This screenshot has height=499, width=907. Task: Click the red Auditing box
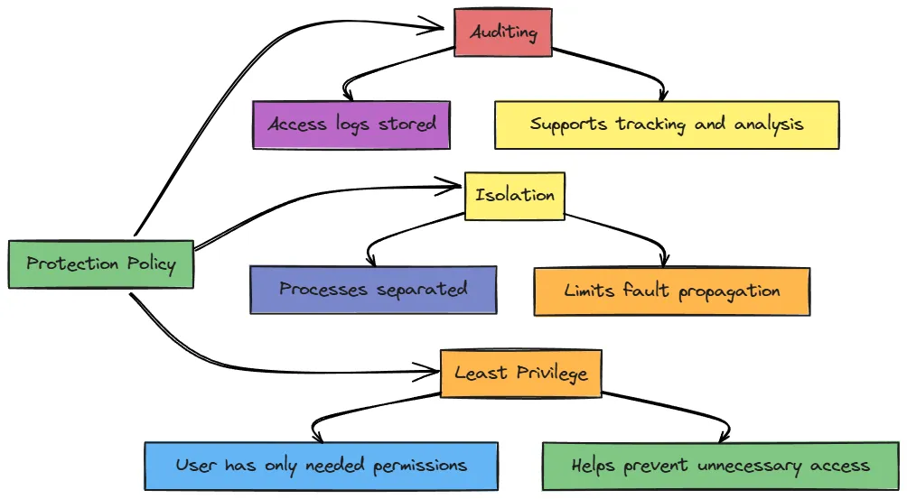click(502, 33)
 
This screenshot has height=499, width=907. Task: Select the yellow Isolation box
click(515, 195)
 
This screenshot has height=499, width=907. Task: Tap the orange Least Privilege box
click(520, 373)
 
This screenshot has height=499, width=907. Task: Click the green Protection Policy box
click(100, 264)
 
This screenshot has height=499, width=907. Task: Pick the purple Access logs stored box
click(351, 125)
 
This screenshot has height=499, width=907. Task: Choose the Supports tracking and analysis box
click(667, 125)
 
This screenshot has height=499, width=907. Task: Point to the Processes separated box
click(372, 290)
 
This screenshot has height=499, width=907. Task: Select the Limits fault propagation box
click(671, 291)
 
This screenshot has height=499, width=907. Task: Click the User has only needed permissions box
click(321, 466)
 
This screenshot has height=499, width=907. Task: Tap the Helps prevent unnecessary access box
click(720, 467)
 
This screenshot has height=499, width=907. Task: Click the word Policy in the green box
click(150, 264)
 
